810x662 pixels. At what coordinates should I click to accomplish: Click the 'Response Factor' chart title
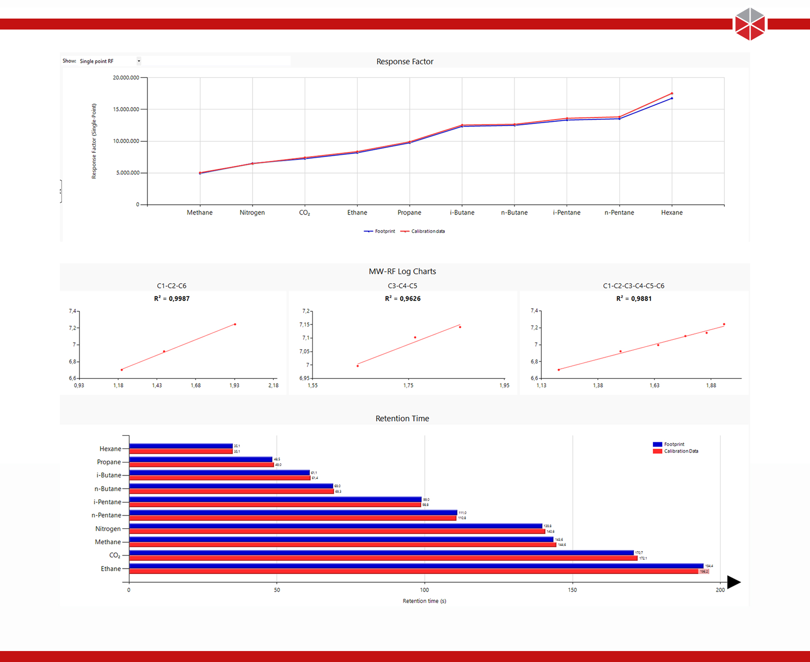tap(405, 62)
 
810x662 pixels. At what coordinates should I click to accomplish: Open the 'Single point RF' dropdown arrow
tap(139, 61)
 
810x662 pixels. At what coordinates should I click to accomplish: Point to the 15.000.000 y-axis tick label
tap(126, 109)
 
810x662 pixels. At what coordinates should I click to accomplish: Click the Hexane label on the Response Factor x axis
tap(672, 213)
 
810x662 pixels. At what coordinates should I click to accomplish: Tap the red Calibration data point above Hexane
tap(672, 93)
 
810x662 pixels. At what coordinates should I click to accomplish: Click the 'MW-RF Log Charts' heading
tap(402, 271)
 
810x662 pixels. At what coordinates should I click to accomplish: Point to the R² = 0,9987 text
tap(172, 299)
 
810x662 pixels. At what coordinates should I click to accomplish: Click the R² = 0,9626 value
tap(402, 299)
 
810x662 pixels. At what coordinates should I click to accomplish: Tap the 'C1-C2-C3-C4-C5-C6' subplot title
tap(633, 286)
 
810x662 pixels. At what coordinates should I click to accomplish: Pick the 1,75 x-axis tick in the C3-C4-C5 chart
tap(408, 385)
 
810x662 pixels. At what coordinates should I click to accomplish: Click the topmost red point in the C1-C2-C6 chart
tap(235, 324)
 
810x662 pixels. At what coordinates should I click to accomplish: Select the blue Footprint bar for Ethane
tap(416, 566)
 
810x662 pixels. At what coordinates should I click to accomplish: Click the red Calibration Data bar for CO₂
tap(383, 558)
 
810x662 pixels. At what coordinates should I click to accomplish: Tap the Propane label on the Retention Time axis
tap(109, 462)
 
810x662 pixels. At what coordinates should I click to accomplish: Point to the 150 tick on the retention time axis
tap(572, 590)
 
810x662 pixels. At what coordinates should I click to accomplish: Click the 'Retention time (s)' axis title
tap(424, 601)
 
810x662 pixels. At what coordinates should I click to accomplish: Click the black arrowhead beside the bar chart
tap(734, 582)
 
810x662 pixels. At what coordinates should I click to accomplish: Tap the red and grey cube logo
tap(750, 24)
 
